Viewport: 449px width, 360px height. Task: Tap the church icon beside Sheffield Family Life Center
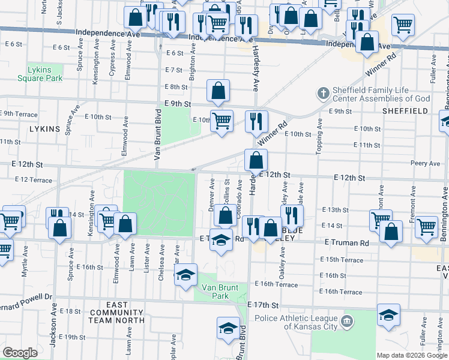[324, 93]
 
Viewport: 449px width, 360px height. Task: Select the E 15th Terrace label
[342, 260]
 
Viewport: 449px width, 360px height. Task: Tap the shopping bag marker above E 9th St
[218, 91]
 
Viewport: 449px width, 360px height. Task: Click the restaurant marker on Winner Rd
[256, 122]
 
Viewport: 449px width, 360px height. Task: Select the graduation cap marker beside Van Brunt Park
[185, 275]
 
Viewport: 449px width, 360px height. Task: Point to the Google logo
[20, 353]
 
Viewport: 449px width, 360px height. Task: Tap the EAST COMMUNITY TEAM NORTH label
[117, 313]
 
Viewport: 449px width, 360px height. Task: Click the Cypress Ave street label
[112, 55]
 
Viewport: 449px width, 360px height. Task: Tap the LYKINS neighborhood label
[44, 128]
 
